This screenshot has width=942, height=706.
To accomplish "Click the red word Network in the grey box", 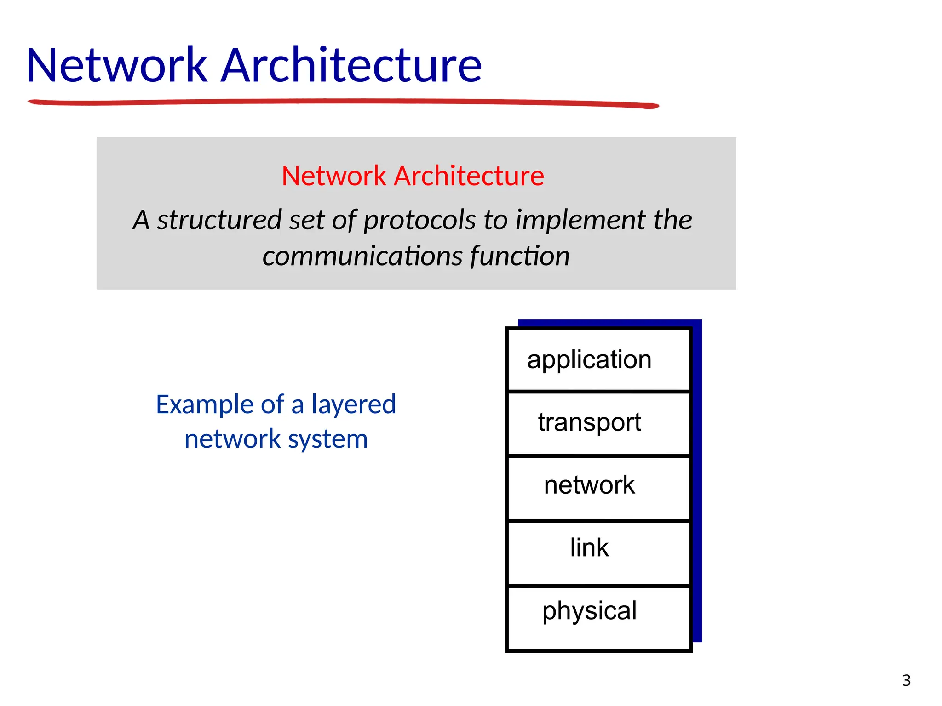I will tap(334, 176).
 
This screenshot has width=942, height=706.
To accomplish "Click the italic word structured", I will tap(219, 220).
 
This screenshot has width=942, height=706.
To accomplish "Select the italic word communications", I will tap(362, 256).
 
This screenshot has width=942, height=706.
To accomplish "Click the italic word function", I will tap(520, 256).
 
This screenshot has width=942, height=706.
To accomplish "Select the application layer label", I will tap(589, 360).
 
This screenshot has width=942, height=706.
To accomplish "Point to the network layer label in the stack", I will tap(589, 485).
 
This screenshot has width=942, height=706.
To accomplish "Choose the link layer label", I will tap(589, 548).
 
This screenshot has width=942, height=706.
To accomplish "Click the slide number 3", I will tap(906, 680).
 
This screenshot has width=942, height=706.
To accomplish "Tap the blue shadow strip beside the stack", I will tap(697, 483).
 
